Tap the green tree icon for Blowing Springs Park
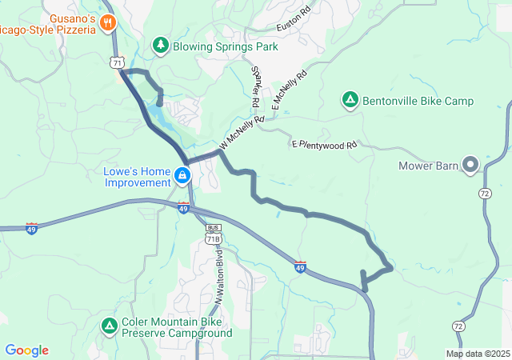[161, 46]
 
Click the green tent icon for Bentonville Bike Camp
[350, 101]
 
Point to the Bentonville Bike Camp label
[418, 101]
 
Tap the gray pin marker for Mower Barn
[470, 166]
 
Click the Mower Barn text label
[428, 166]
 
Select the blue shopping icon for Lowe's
[182, 176]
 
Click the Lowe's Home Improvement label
[138, 176]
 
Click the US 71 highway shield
[118, 62]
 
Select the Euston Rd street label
[293, 21]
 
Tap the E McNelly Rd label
[289, 92]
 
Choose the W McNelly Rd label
[239, 134]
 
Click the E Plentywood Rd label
[323, 145]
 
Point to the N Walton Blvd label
[218, 274]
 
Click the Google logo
[26, 350]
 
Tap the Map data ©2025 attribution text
[478, 354]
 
